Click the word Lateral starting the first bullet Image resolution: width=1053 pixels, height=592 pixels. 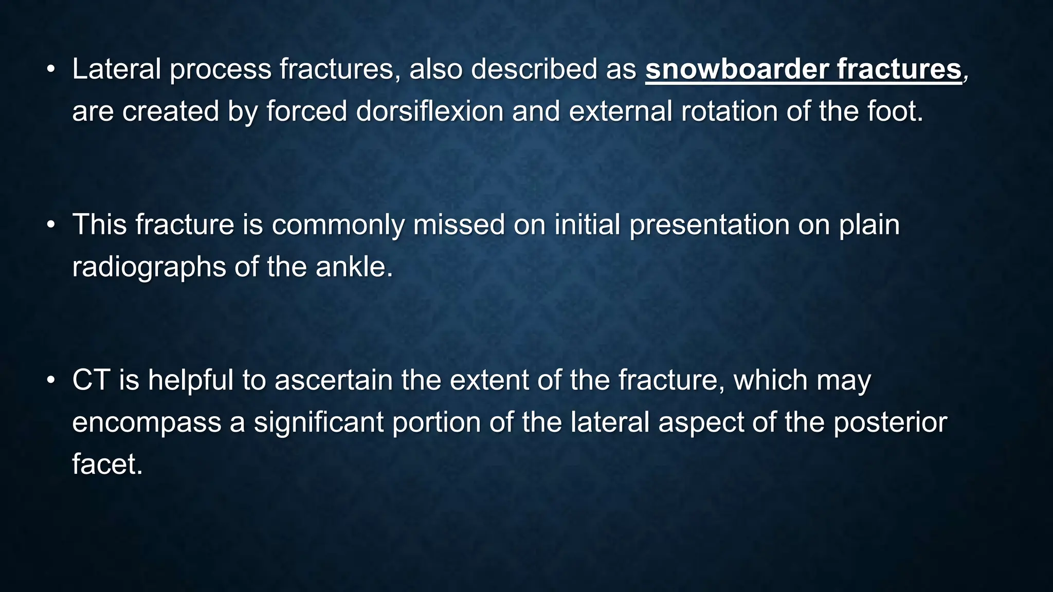pos(116,69)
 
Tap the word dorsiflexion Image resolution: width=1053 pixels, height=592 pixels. pos(429,111)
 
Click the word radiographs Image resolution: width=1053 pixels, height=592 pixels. pos(149,267)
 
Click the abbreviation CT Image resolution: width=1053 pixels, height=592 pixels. pos(91,380)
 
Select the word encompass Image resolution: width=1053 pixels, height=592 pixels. pos(146,422)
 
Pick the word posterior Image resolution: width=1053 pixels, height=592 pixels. pos(890,422)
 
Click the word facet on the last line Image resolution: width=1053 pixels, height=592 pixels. pos(105,464)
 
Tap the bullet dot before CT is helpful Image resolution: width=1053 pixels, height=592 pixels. pos(50,380)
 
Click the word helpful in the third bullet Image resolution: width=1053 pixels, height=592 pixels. pos(191,380)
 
